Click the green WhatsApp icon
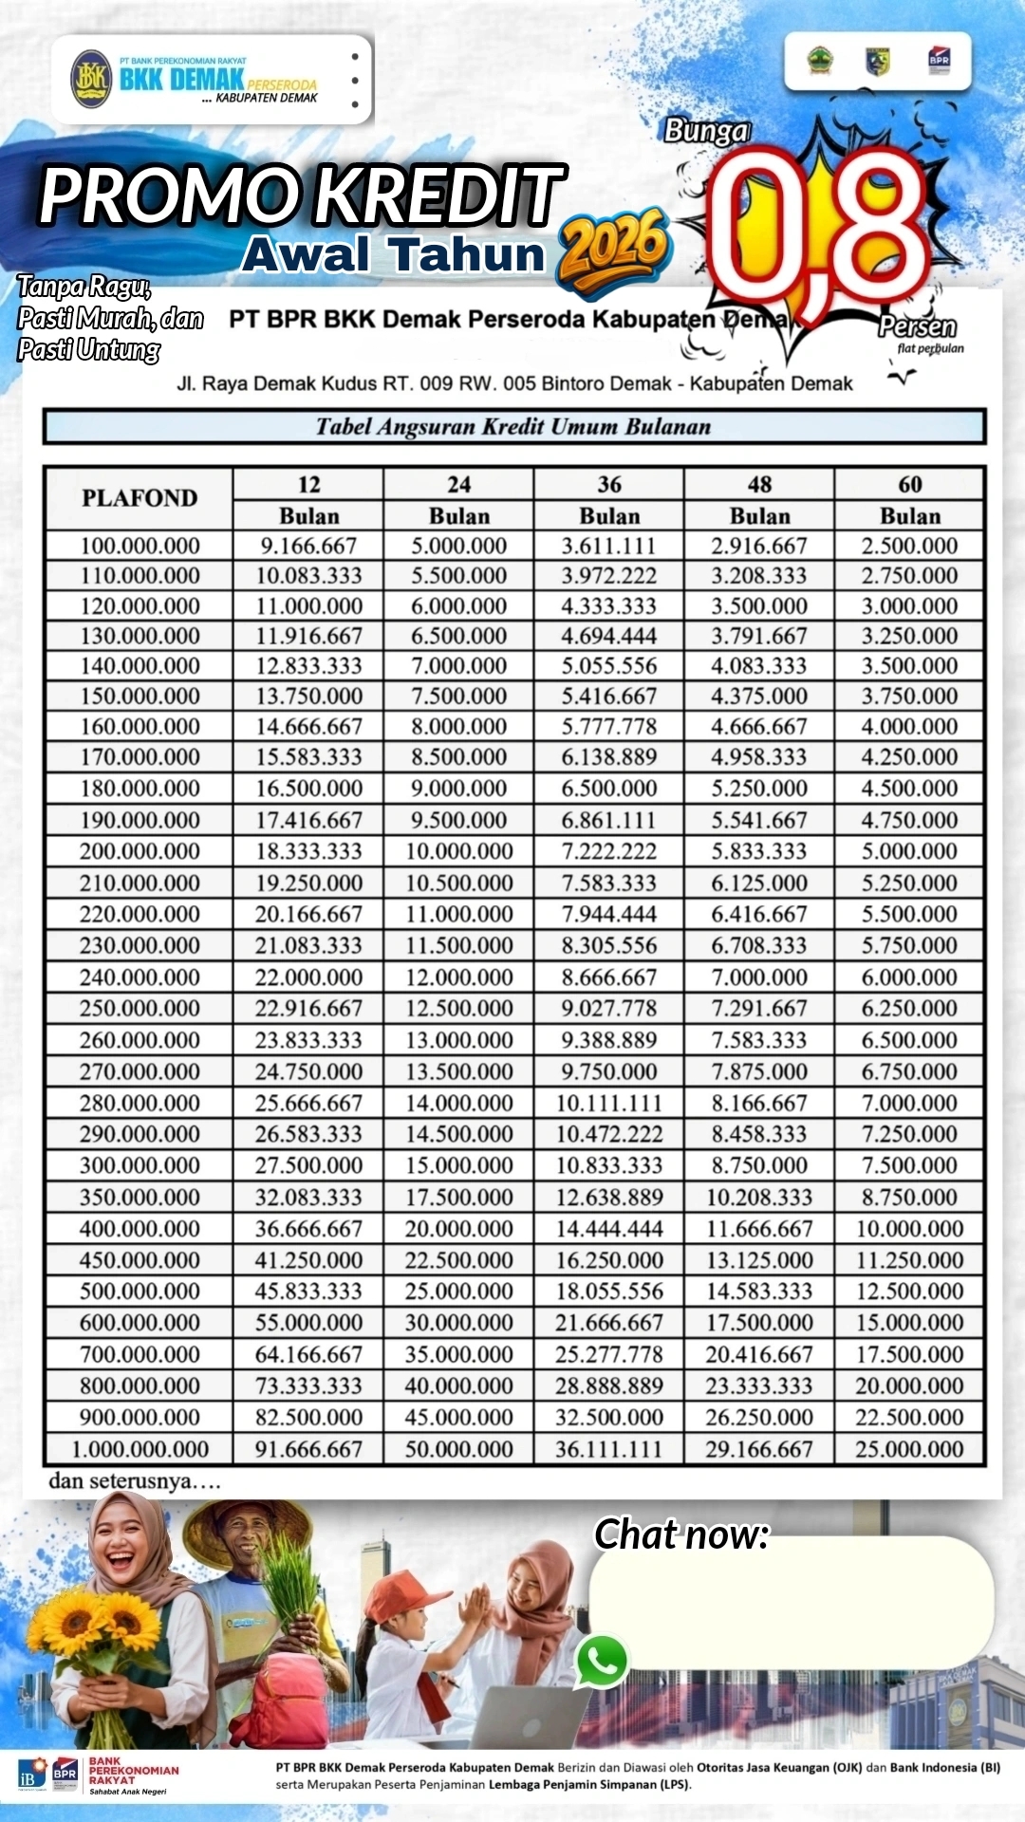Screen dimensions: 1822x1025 coord(602,1661)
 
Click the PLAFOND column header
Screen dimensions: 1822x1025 coord(140,498)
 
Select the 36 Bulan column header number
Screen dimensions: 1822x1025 coord(609,485)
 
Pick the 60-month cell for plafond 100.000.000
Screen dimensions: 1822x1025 coord(909,546)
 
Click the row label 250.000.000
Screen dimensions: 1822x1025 coord(140,1008)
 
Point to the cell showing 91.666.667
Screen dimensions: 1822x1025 coord(308,1449)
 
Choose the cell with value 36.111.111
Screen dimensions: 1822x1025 coord(609,1449)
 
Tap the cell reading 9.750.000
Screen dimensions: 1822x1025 coord(609,1071)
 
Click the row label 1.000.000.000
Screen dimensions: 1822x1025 coord(140,1449)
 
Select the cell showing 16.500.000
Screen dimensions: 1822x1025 coord(308,789)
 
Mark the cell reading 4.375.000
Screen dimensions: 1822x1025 coord(759,696)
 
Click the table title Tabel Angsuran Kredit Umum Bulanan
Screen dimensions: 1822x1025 coord(513,426)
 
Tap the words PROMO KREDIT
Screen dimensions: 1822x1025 coord(302,195)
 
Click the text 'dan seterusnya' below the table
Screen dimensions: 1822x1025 coord(134,1481)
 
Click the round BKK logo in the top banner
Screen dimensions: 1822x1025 coord(91,78)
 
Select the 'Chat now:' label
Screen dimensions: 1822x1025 coord(680,1534)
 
